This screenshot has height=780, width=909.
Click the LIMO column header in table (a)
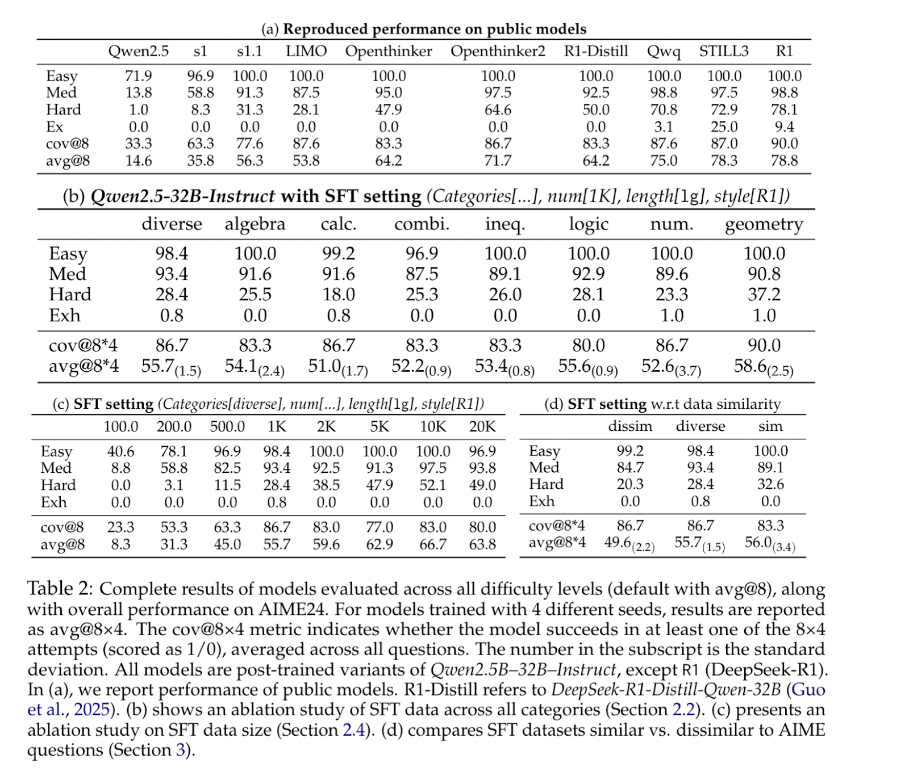pyautogui.click(x=306, y=52)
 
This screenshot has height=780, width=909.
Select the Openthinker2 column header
pyautogui.click(x=498, y=52)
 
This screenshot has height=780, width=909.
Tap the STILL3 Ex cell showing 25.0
pyautogui.click(x=724, y=127)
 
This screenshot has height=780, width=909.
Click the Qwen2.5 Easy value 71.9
pyautogui.click(x=139, y=76)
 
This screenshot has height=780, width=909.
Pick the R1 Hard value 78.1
pyautogui.click(x=784, y=110)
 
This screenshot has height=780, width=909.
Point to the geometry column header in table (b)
pyautogui.click(x=764, y=225)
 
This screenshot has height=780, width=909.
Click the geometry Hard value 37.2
pyautogui.click(x=764, y=294)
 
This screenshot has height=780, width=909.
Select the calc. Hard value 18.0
pyautogui.click(x=339, y=294)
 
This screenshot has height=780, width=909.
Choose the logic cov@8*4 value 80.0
pyautogui.click(x=589, y=345)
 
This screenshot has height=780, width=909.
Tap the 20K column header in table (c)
pyautogui.click(x=482, y=426)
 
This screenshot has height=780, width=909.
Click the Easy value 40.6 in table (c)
pyautogui.click(x=120, y=451)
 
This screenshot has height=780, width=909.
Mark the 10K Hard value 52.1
pyautogui.click(x=433, y=485)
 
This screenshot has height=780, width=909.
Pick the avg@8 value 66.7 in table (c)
pyautogui.click(x=433, y=544)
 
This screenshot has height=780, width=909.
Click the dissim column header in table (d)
pyautogui.click(x=630, y=426)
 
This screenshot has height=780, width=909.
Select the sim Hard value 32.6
pyautogui.click(x=770, y=484)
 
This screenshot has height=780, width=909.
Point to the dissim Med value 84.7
pyautogui.click(x=630, y=468)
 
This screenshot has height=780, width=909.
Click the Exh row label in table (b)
pyautogui.click(x=64, y=316)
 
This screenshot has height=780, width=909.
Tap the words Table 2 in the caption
pyautogui.click(x=60, y=589)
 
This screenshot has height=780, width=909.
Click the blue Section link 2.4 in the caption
pyautogui.click(x=354, y=729)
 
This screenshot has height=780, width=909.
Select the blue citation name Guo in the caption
pyautogui.click(x=808, y=690)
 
